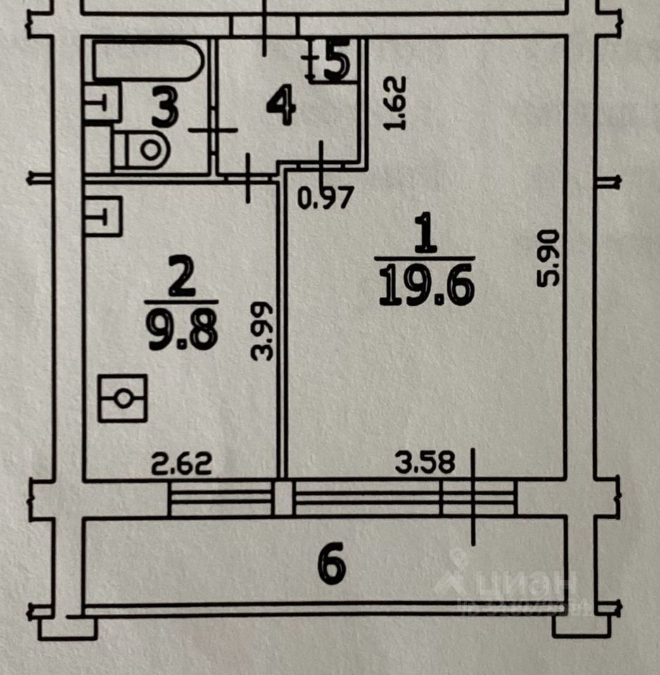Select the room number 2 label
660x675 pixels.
click(181, 281)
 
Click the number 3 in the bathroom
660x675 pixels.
click(164, 110)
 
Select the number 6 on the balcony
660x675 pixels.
click(332, 565)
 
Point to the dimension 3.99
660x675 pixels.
click(263, 330)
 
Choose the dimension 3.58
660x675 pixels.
click(424, 462)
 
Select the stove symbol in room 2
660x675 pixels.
click(122, 398)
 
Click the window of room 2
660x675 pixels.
click(221, 498)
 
